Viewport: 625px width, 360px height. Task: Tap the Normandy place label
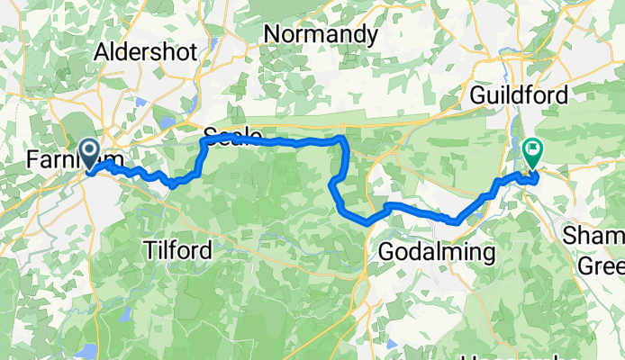coord(321,34)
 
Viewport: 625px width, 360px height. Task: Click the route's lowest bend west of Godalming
coord(367,222)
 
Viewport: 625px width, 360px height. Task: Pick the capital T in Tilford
coord(149,248)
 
